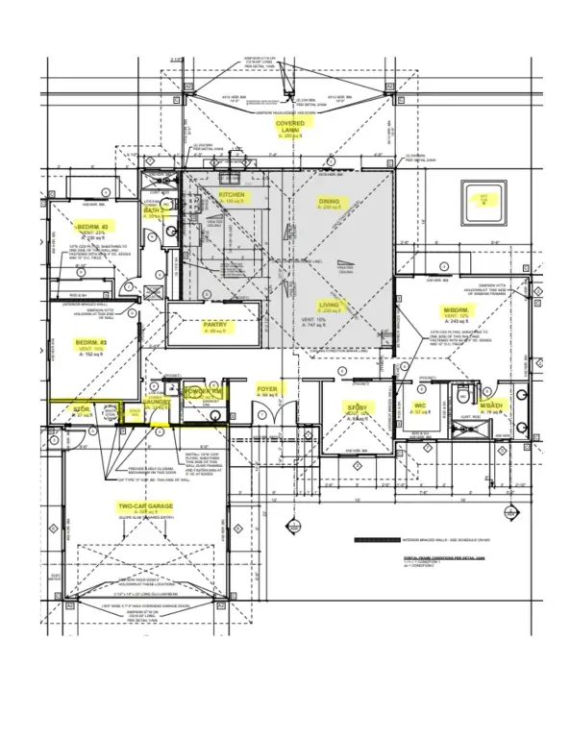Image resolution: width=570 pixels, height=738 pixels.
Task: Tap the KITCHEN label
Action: pyautogui.click(x=232, y=194)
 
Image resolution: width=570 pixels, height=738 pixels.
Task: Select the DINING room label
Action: pyautogui.click(x=330, y=202)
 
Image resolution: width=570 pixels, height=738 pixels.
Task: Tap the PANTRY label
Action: pyautogui.click(x=214, y=325)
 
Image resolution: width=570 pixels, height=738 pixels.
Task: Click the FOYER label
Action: pyautogui.click(x=268, y=390)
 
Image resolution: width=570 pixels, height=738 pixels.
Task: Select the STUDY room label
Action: pyautogui.click(x=359, y=408)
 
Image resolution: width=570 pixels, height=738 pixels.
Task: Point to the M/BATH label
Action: pyautogui.click(x=490, y=407)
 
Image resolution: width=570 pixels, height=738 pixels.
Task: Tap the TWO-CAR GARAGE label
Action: pyautogui.click(x=145, y=505)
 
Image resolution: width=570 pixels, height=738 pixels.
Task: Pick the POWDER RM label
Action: pyautogui.click(x=204, y=391)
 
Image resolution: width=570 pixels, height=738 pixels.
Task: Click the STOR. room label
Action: pyautogui.click(x=81, y=409)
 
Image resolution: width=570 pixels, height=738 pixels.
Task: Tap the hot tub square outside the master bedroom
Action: pyautogui.click(x=484, y=199)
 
